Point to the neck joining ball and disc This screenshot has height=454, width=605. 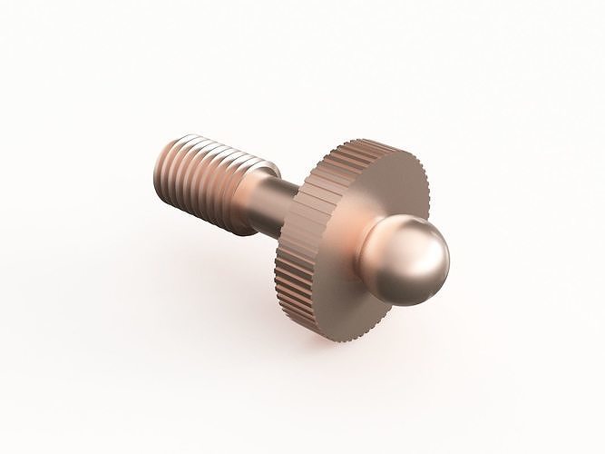point(377,238)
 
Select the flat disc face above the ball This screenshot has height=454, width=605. point(381,186)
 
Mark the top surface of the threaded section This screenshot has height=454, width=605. point(213,147)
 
